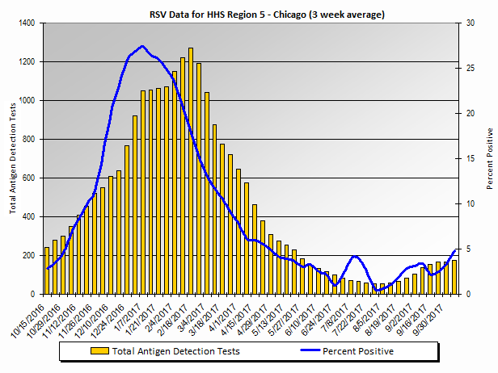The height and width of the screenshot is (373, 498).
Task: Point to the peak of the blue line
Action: [x=142, y=46]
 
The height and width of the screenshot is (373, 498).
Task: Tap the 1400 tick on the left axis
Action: [x=28, y=23]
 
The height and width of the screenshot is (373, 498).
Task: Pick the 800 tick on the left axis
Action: [x=31, y=140]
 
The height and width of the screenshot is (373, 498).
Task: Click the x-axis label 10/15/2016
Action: [x=29, y=317]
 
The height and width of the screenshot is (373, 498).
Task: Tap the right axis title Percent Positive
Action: [x=489, y=158]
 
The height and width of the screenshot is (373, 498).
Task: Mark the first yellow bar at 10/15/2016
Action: [x=47, y=270]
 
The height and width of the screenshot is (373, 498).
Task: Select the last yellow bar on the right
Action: [x=454, y=277]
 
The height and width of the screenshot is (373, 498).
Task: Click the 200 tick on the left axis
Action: [x=31, y=255]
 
